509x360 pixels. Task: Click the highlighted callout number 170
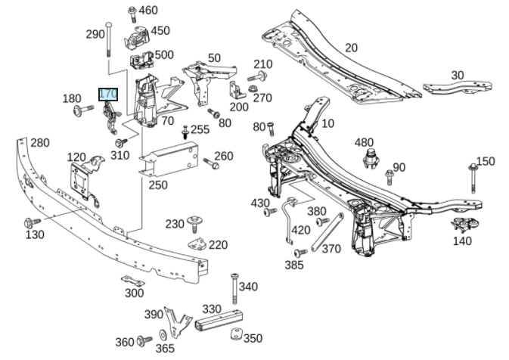tap(109, 95)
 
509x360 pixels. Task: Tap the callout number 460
tap(148, 10)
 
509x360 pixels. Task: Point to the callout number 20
tap(351, 48)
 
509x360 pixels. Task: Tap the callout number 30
tap(458, 75)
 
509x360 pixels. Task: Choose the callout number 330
tap(212, 309)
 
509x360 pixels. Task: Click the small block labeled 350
tap(234, 336)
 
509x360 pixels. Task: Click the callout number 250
tap(158, 185)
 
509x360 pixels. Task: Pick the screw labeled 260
tap(208, 162)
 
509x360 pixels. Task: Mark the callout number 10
tap(327, 124)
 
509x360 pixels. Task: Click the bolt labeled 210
tap(259, 78)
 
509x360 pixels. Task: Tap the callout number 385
tap(294, 265)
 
